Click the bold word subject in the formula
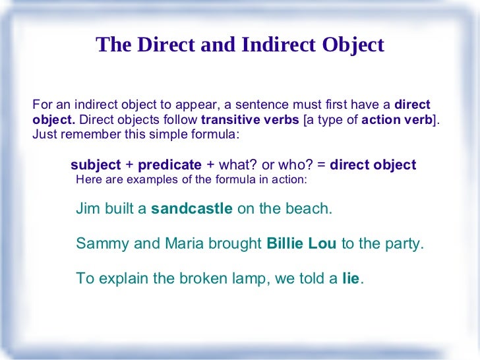coord(96,165)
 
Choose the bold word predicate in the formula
coord(169,165)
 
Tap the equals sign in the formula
coord(321,165)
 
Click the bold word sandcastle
coord(192,209)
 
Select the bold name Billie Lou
coord(301,243)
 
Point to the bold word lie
coord(351,278)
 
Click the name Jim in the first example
coord(88,209)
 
